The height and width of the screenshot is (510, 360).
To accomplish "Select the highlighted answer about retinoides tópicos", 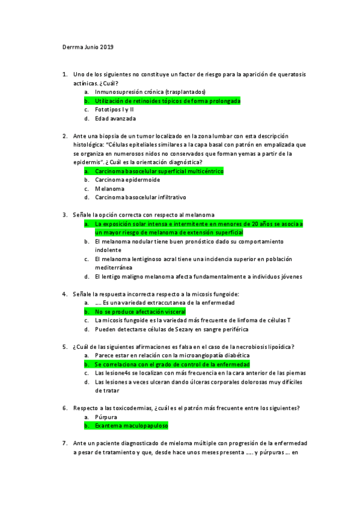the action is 167,101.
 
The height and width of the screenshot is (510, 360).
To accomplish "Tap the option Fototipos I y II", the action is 114,109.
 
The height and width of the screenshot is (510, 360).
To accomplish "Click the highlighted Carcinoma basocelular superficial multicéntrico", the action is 159,171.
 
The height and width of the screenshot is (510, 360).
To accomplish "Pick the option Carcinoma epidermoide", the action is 127,180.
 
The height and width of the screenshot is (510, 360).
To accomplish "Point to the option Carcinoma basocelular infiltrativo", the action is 140,197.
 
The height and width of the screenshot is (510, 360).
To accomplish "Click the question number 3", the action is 64,215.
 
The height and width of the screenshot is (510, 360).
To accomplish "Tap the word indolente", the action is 108,250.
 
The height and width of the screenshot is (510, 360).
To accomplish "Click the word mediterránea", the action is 114,268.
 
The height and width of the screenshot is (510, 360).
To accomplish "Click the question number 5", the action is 64,347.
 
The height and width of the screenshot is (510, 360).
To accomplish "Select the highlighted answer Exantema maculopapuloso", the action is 131,426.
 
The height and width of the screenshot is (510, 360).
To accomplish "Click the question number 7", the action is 64,443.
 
